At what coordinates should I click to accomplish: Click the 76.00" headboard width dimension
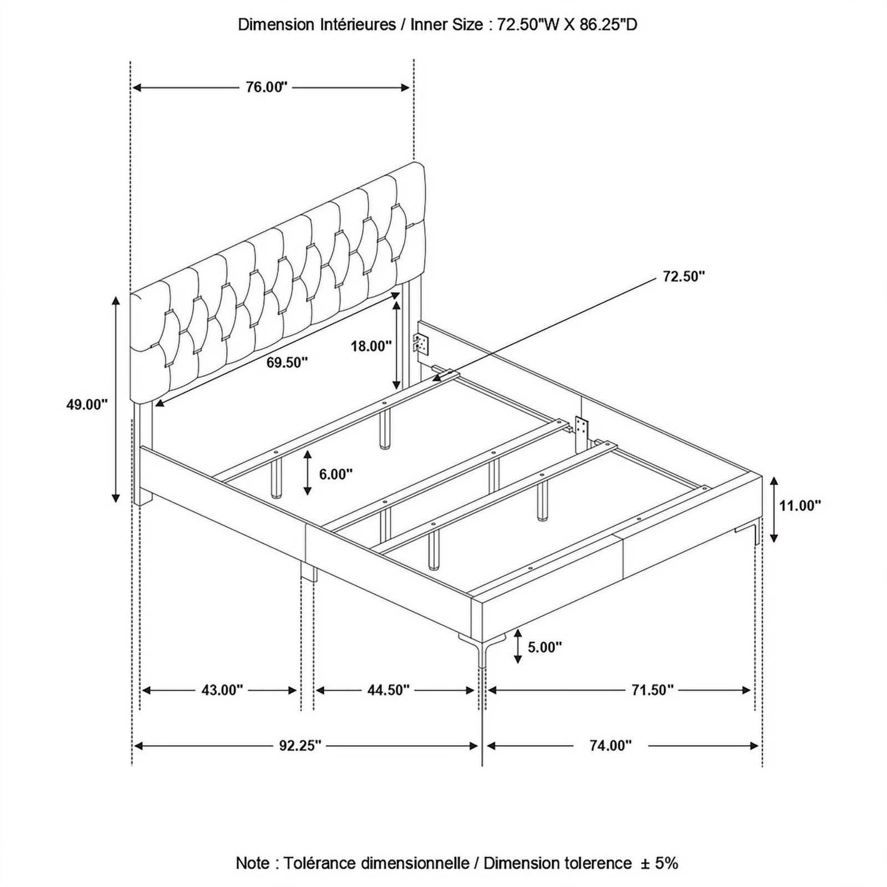267,87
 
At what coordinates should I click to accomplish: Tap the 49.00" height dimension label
87,405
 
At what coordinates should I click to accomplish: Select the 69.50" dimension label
287,363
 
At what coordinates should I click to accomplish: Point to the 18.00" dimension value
371,346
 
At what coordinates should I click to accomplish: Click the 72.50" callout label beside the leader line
684,276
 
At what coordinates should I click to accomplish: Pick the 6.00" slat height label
336,474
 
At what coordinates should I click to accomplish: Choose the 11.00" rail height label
800,506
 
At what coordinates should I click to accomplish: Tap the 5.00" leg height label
544,647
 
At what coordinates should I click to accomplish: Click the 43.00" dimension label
222,690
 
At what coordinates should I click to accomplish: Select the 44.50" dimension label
388,690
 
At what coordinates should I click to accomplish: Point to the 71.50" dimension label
652,690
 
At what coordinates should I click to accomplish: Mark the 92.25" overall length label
300,746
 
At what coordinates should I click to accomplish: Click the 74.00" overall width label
610,746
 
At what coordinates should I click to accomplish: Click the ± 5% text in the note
659,863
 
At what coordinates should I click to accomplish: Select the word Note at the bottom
253,863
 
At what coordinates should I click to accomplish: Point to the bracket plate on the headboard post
421,344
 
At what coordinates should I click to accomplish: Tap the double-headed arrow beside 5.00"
518,646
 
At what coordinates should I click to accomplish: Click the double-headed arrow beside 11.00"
774,509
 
